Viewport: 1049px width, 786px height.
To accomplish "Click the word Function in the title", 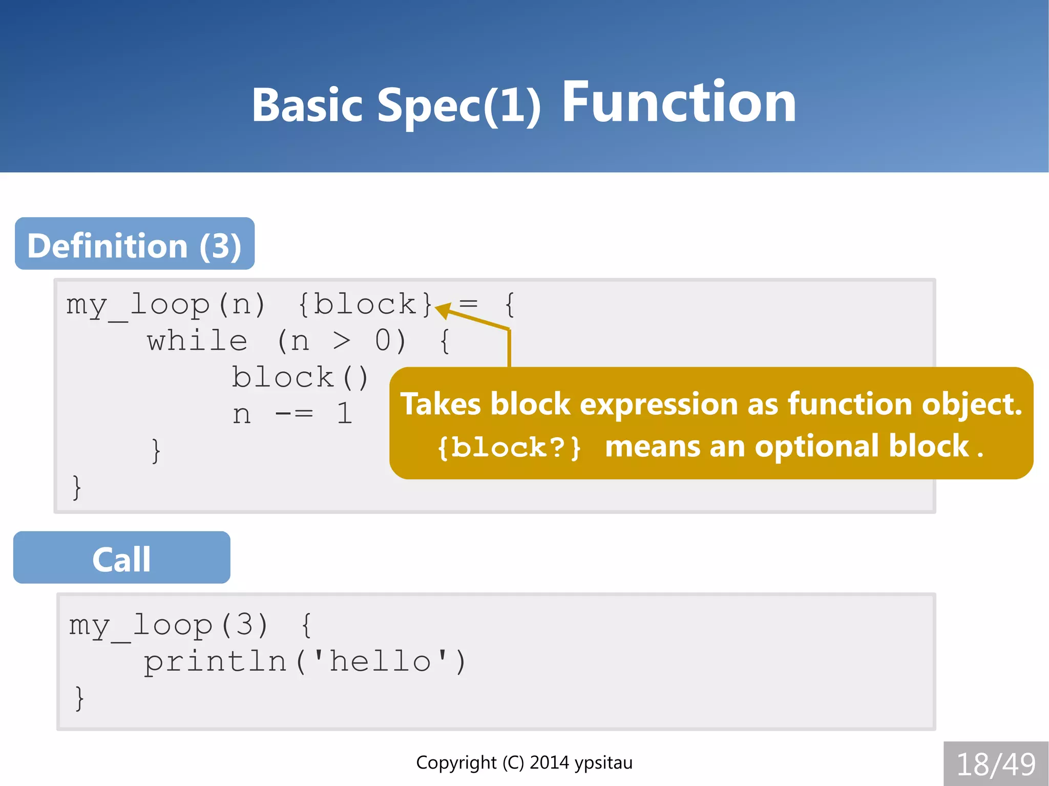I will [679, 103].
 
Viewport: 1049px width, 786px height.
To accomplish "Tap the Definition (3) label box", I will [135, 244].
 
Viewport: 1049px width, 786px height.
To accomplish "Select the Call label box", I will [121, 558].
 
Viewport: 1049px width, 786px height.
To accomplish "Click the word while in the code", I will [197, 341].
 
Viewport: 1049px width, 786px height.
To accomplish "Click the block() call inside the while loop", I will [300, 378].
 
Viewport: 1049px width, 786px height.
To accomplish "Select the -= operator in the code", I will [294, 414].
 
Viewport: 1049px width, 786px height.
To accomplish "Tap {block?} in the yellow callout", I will [509, 448].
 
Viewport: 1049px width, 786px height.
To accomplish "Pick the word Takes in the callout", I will [440, 404].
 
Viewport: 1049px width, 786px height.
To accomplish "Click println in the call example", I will [215, 661].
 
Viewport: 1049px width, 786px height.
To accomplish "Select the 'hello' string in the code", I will [380, 661].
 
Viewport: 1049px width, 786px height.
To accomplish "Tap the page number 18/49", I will [996, 764].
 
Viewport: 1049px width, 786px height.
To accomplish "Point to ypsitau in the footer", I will [603, 763].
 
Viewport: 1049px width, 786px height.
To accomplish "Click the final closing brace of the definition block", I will [77, 487].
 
